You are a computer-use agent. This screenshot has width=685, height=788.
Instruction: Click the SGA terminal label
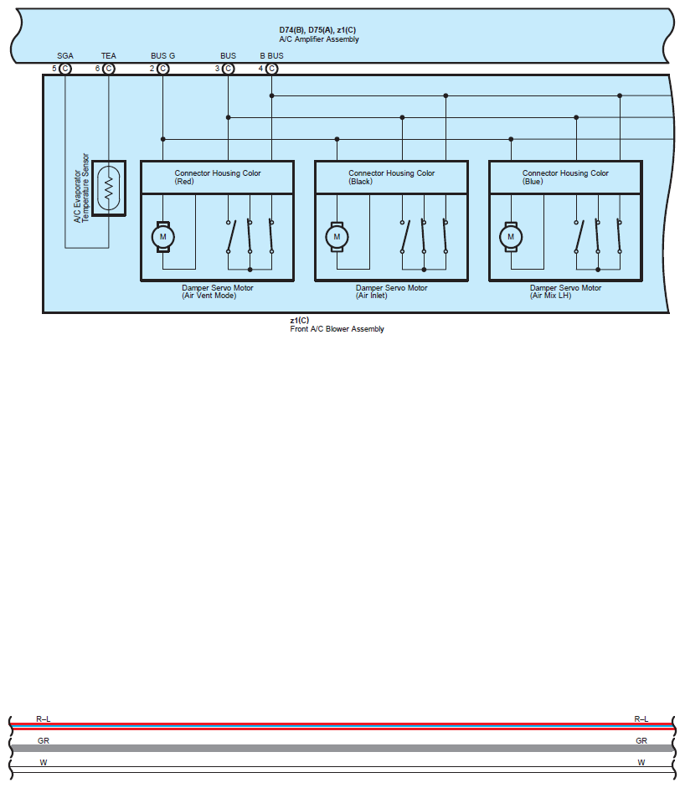point(65,56)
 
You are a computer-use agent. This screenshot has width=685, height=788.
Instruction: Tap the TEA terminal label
point(109,56)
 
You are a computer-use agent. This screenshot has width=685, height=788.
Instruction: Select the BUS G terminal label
point(162,56)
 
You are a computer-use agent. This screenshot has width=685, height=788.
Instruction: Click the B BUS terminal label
point(271,56)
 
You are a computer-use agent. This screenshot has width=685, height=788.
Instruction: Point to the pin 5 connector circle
point(65,69)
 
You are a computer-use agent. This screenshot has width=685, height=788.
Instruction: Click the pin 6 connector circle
point(109,69)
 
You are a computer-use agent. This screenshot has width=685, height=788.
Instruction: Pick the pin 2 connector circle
point(163,69)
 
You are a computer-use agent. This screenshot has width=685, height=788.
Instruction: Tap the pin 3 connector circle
point(228,69)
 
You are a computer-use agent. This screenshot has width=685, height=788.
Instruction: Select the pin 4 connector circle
point(271,69)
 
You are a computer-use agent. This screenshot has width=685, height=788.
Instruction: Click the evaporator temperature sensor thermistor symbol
point(109,188)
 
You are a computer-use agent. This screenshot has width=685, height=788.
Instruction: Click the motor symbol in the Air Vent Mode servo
point(162,236)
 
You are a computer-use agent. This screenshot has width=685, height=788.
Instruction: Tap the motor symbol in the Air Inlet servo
point(337,236)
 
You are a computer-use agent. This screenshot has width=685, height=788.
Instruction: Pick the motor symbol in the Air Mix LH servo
point(511,236)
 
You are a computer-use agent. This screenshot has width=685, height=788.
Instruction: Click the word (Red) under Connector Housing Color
point(183,182)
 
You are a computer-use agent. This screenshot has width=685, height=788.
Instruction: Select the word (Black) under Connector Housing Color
point(360,182)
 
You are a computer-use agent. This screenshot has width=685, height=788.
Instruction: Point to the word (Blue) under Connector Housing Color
point(533,182)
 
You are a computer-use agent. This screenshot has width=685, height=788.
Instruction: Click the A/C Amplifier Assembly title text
point(319,39)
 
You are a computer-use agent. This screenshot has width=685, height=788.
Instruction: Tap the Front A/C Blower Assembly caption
point(337,329)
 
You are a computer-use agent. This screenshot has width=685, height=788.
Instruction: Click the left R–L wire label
point(44,719)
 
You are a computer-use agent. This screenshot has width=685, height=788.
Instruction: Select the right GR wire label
point(641,741)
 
